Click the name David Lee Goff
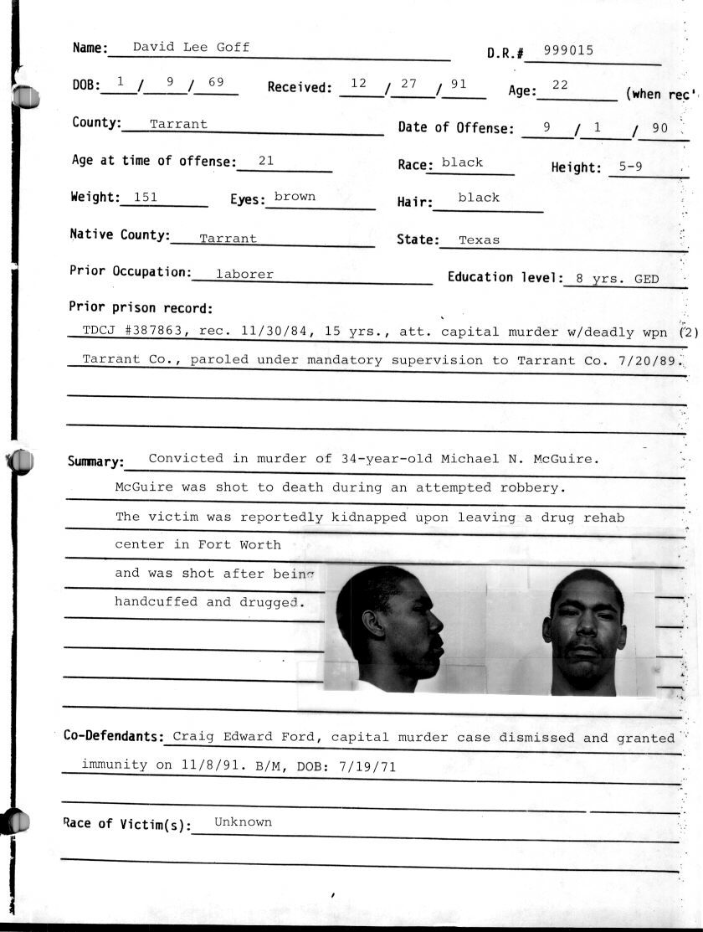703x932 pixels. [191, 47]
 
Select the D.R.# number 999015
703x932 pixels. [568, 50]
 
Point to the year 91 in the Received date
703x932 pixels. [457, 85]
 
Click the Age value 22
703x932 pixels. [560, 85]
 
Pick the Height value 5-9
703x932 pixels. [630, 167]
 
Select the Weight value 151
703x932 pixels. [140, 198]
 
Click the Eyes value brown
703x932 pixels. [295, 197]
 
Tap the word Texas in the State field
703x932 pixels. [479, 239]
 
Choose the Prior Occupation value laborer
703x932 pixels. [244, 274]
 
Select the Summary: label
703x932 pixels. [95, 462]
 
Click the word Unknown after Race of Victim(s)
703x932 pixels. [243, 821]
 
